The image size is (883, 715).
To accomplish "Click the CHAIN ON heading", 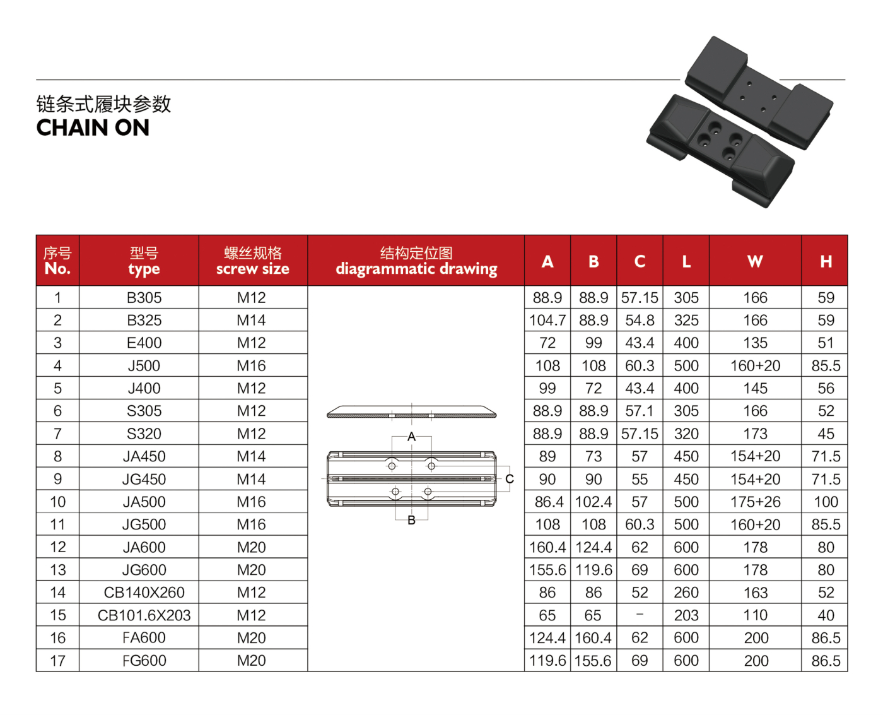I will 93,128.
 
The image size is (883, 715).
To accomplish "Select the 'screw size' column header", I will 252,269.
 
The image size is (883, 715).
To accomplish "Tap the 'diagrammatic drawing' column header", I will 416,269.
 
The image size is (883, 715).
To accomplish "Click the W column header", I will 755,261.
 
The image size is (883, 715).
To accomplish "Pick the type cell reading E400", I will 144,343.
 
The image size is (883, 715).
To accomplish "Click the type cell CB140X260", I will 144,593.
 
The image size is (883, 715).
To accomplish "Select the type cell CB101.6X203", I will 144,615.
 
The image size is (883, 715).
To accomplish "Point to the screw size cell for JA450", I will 251,456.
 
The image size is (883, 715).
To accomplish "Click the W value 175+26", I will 755,502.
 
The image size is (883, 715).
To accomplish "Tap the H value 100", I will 826,502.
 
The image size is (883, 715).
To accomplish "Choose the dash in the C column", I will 640,615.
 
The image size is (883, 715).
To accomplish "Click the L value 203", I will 686,615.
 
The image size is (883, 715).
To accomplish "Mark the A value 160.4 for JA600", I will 547,547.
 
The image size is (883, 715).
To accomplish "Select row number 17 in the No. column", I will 57,661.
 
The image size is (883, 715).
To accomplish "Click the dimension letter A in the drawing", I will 411,437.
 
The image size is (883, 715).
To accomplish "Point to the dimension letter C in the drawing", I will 510,479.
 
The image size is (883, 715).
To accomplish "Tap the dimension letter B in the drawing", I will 411,521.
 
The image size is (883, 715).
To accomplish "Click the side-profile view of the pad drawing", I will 411,413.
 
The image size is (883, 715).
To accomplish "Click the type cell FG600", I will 144,661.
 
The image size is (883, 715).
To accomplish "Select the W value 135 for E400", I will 755,343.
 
